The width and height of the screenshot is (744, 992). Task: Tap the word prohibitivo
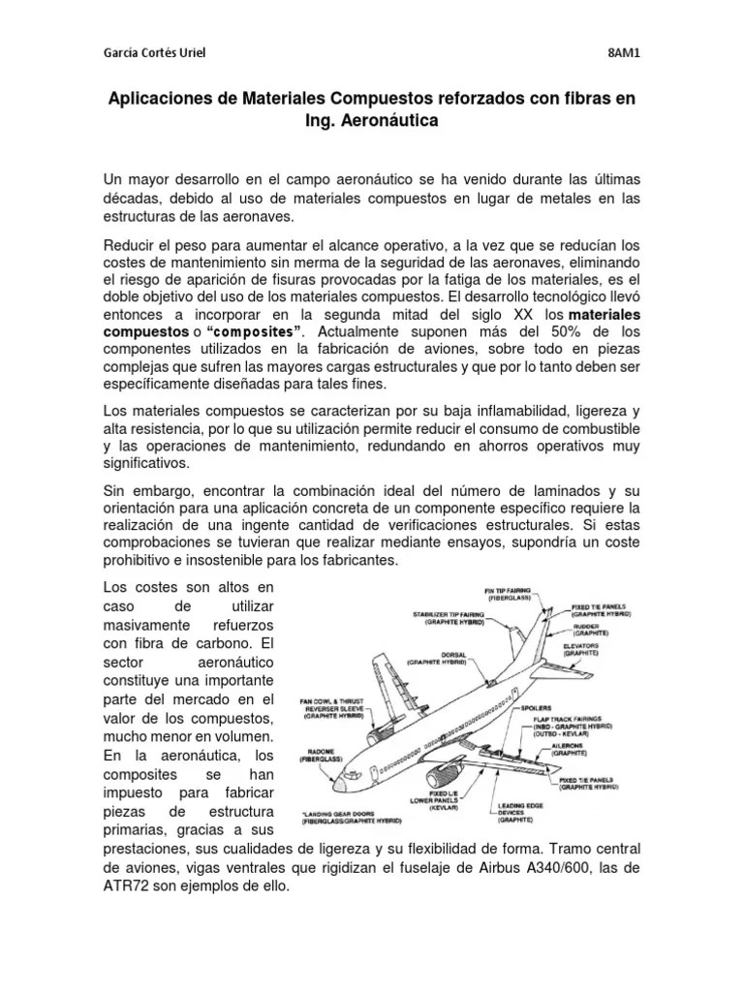coord(146,561)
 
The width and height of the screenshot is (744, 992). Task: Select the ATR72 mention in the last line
coord(127,886)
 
